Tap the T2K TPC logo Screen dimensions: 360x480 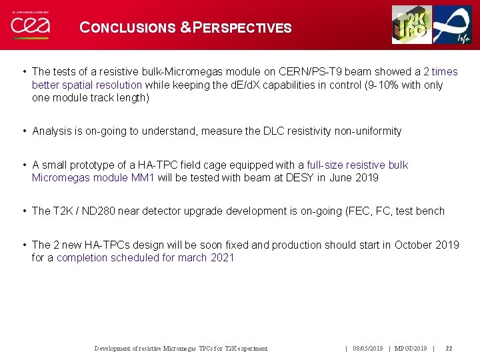(x=411, y=25)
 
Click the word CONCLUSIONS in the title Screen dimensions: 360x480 (x=127, y=28)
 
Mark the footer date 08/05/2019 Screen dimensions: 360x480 (x=367, y=349)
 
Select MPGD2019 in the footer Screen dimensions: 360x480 (x=411, y=349)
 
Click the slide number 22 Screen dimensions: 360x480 (x=449, y=349)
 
